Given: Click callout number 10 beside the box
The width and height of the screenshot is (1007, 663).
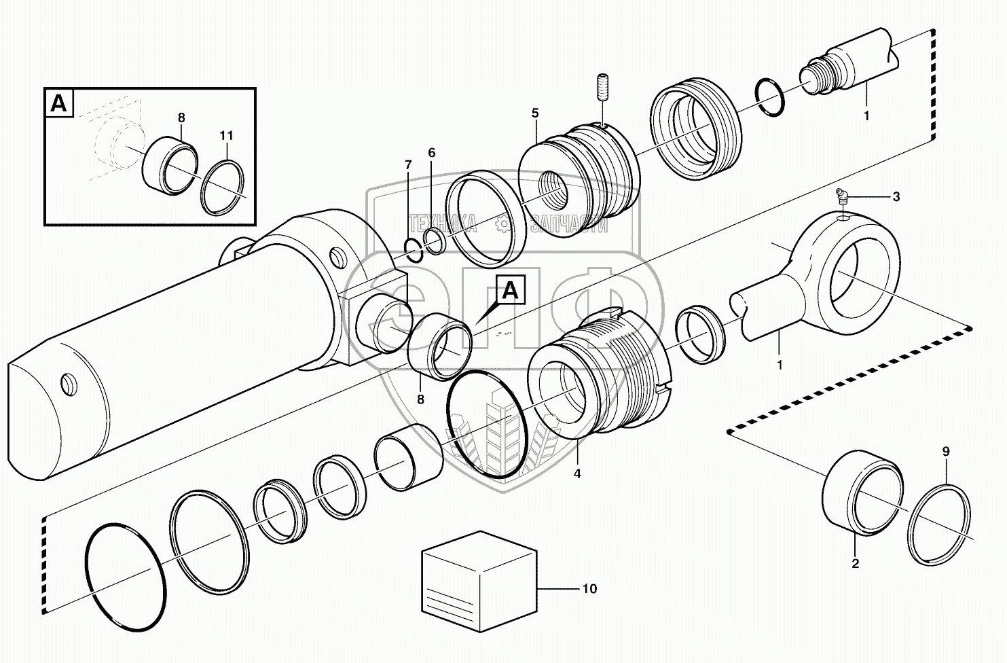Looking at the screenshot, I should coord(589,589).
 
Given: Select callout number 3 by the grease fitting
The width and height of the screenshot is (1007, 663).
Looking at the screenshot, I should coord(896,197).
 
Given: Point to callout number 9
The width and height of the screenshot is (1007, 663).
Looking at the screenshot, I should coord(946,452).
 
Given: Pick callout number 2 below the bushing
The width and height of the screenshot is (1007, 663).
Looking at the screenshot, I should coord(855,563).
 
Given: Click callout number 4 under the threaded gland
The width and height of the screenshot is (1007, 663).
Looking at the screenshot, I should coord(577,474).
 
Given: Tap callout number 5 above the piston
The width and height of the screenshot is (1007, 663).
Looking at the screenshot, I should coord(535,113).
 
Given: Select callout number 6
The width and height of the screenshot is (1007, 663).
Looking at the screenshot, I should coord(432,153).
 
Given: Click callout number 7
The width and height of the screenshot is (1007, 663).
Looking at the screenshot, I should coord(408,165).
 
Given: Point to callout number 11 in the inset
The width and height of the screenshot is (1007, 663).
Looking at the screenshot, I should coord(226,136).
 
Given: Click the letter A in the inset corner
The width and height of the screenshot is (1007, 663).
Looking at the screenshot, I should coord(59,103).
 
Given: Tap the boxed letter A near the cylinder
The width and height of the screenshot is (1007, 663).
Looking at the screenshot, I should coord(510,291).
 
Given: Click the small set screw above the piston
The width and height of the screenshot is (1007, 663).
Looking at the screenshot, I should coord(601,89).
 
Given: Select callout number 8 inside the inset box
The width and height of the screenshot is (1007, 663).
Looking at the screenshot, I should coord(181,118).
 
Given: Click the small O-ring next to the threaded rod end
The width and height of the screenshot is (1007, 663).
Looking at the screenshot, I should coord(771,96).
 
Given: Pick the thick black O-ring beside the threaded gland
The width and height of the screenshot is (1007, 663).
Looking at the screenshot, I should coord(486,425).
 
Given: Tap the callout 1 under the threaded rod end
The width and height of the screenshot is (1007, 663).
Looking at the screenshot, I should coord(866,116).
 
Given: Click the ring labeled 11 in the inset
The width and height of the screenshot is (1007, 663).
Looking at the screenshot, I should coord(223,187).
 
